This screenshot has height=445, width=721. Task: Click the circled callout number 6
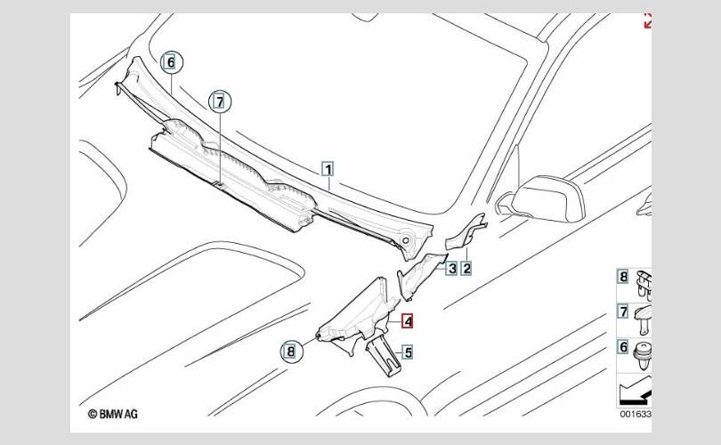coord(172,62)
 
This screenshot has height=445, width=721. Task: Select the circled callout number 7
coord(220,102)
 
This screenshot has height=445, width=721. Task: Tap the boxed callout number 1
coord(328,169)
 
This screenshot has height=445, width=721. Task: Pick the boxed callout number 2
coord(466,268)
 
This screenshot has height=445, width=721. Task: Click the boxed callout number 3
coord(452,268)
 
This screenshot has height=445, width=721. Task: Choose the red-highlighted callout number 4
coord(408,321)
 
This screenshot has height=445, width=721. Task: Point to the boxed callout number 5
coord(408,352)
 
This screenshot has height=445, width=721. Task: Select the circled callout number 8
coord(292,352)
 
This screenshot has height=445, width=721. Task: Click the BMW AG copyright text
coord(113,414)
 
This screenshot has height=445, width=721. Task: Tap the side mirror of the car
coord(545,198)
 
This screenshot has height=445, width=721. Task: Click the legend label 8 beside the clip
coord(623,277)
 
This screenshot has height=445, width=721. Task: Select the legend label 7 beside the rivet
coord(623,311)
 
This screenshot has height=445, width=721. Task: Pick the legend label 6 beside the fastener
coord(623,346)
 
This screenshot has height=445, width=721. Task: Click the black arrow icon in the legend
coord(636,392)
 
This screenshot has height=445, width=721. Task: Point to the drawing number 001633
coord(636,414)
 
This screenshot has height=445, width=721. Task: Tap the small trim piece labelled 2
coord(466,231)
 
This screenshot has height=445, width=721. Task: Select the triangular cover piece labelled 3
coord(421,275)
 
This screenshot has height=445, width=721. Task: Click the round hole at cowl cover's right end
coord(406,240)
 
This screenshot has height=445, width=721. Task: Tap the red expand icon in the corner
coord(647,20)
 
